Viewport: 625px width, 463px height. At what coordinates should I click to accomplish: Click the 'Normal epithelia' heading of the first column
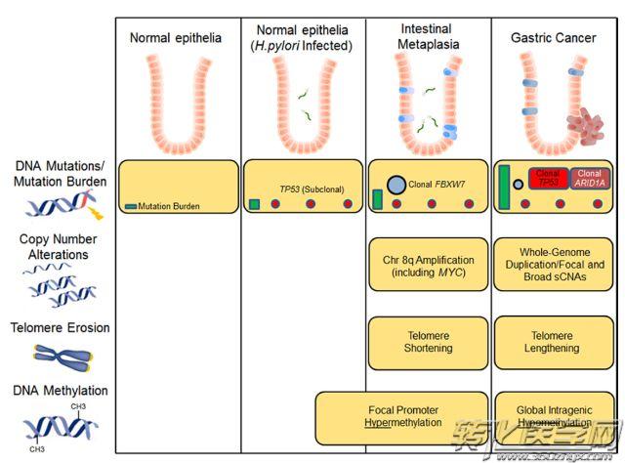176,38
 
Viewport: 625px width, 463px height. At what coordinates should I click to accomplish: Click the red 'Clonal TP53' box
548,177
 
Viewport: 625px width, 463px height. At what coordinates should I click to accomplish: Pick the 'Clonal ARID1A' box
590,177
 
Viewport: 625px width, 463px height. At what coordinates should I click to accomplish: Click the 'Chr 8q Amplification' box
427,265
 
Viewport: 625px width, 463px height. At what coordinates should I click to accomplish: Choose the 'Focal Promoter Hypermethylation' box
401,415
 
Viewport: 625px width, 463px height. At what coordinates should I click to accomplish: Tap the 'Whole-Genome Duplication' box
552,265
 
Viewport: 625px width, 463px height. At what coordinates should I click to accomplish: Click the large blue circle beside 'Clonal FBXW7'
396,185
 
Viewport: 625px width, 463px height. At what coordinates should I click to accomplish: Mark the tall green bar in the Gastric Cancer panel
505,188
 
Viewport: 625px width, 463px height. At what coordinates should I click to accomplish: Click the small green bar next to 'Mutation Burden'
130,206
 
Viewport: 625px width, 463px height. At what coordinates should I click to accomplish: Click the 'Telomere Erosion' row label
60,328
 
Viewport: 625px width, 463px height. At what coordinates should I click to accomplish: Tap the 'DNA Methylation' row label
60,391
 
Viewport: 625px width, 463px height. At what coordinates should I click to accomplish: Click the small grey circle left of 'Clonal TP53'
518,183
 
